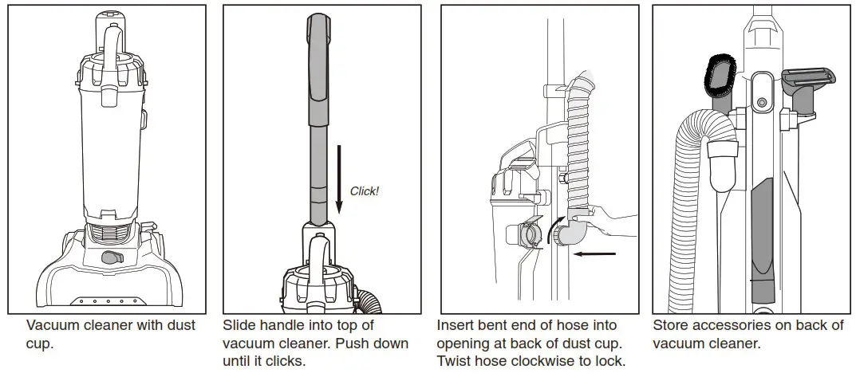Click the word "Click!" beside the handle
click(x=365, y=191)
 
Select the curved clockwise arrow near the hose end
click(x=550, y=230)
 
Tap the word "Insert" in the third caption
click(x=456, y=326)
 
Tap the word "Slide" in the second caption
click(x=240, y=326)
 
